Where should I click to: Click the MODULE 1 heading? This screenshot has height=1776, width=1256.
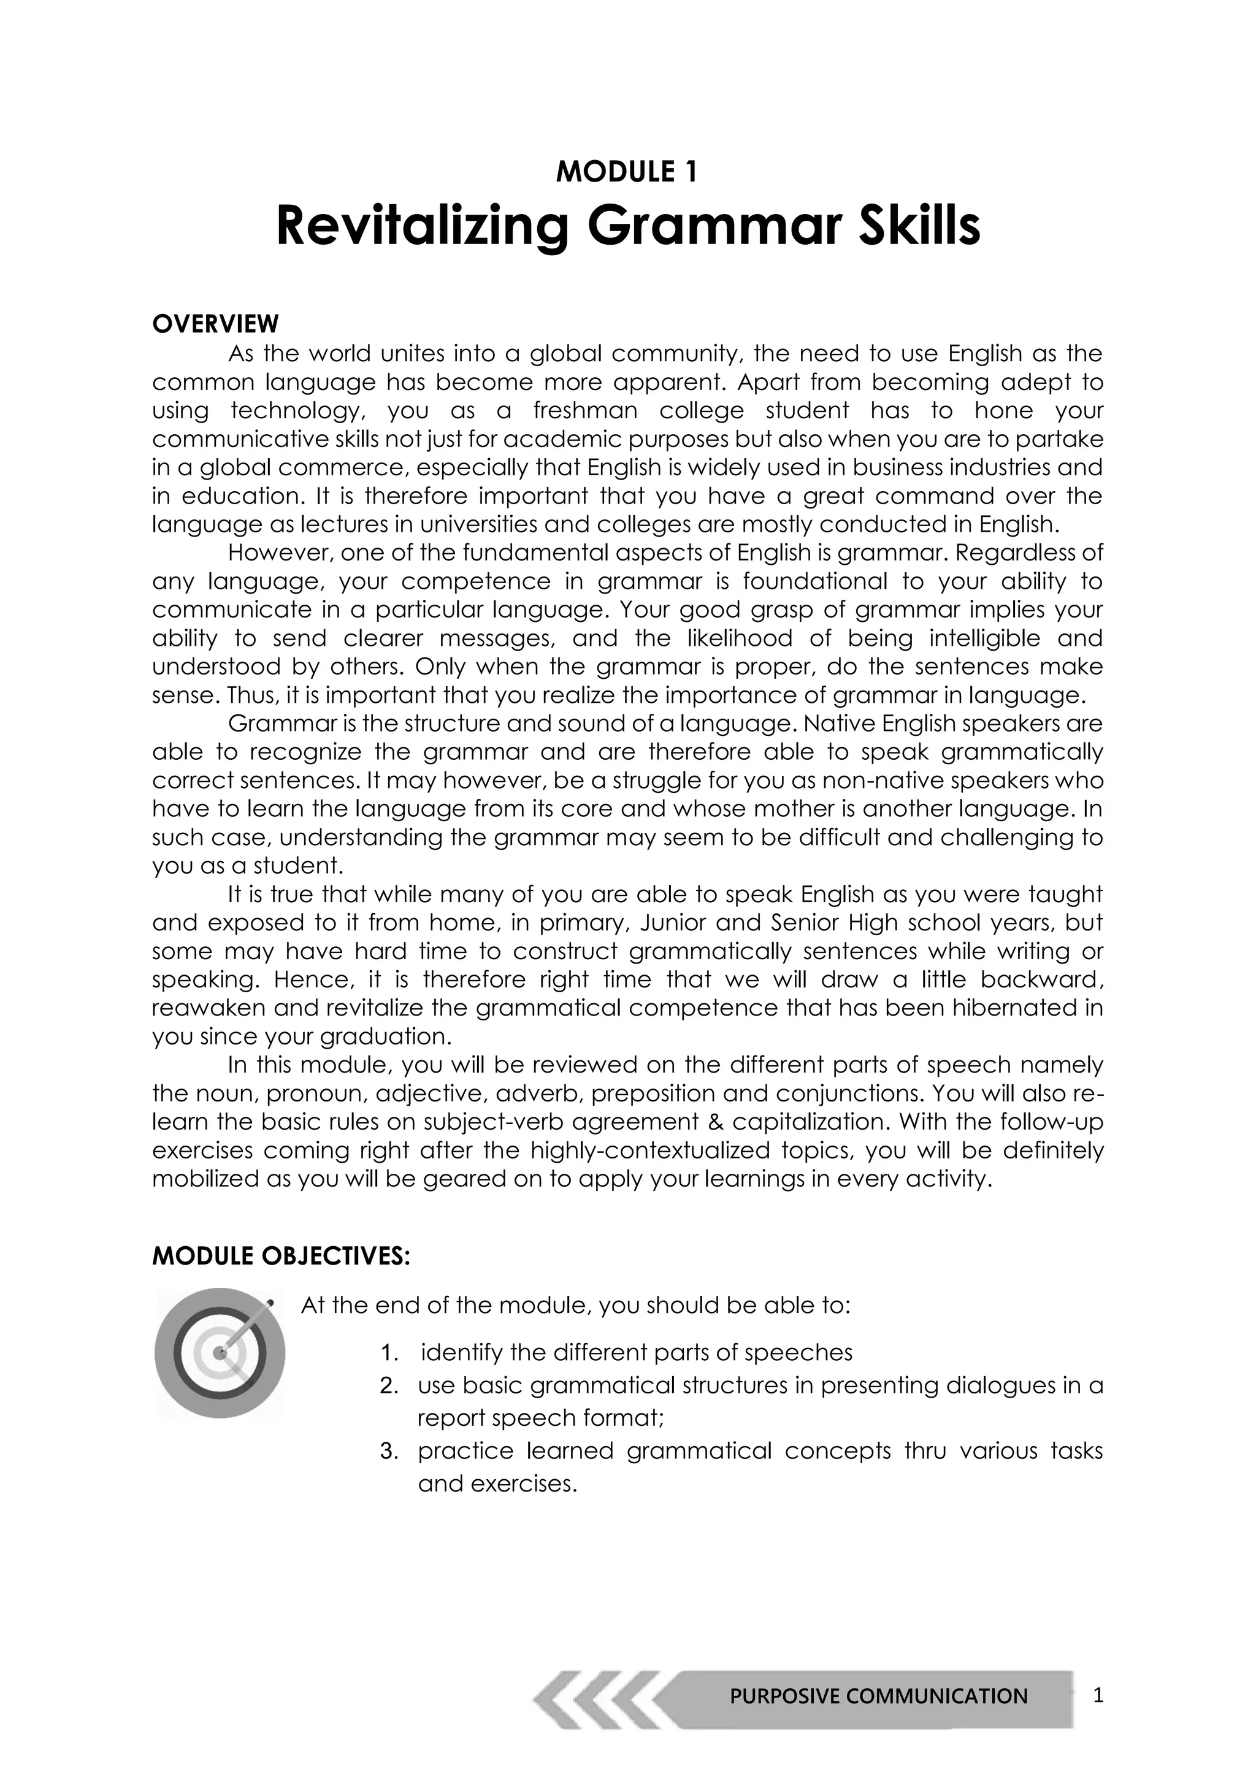(626, 172)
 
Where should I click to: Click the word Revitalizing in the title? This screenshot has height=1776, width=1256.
(423, 227)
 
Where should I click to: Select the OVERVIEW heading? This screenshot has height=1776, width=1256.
(215, 323)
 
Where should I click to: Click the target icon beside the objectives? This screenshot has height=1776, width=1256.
(220, 1353)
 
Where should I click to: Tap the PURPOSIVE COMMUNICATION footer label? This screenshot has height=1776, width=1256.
(879, 1696)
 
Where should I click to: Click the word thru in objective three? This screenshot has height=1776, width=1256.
(925, 1450)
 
